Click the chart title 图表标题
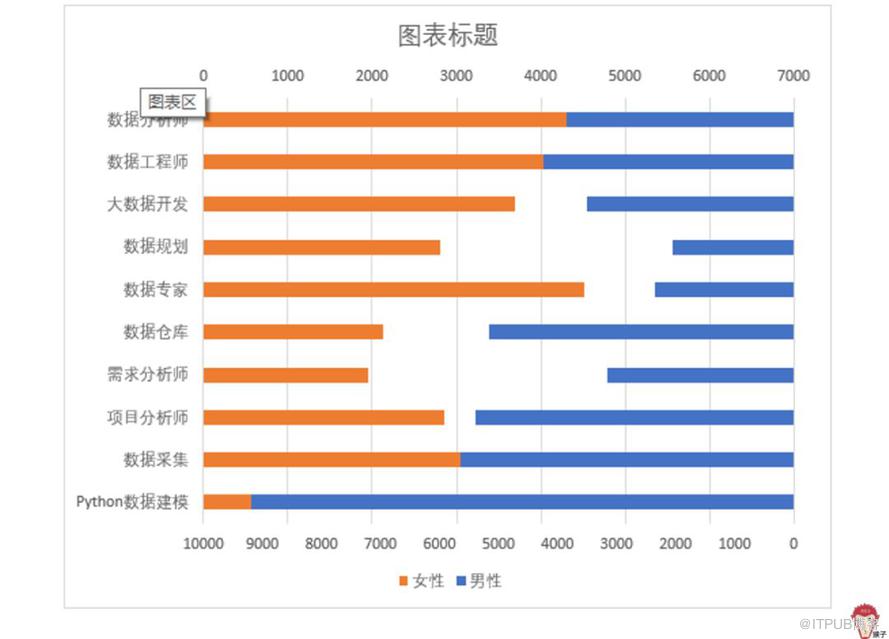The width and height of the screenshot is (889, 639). [447, 35]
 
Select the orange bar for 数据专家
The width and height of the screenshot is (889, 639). [393, 289]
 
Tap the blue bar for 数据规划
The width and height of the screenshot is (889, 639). [732, 247]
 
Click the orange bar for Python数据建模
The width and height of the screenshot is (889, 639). [227, 502]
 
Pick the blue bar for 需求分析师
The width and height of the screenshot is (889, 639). [699, 375]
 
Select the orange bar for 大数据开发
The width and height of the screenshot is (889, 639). [359, 204]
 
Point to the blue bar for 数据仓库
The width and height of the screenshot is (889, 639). [640, 332]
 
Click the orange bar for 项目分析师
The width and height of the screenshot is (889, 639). [324, 417]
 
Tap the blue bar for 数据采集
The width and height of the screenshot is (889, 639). [626, 460]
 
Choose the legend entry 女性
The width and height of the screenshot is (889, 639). [421, 580]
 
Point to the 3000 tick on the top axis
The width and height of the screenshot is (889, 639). [456, 75]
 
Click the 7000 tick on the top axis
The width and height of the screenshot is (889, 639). [793, 75]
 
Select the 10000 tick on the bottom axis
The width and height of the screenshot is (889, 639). [204, 543]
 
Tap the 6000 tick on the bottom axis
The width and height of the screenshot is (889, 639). [440, 543]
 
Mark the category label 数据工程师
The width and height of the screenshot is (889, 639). [147, 162]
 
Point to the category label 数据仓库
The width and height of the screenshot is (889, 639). [155, 332]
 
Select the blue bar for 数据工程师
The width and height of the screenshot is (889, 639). [667, 162]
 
